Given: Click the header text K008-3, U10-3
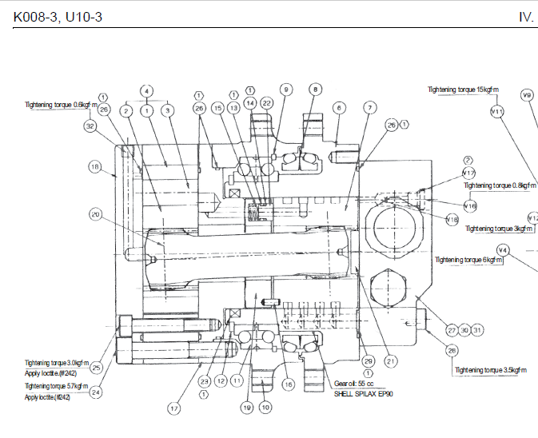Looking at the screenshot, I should coord(58,17).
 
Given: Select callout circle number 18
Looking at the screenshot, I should coord(96,167).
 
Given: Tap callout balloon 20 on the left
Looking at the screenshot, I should coord(96,214).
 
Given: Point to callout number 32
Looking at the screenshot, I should coord(90,125).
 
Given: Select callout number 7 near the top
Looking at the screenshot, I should coord(369,107).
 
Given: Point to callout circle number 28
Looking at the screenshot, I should coord(452,350).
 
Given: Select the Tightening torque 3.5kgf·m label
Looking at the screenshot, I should coord(491,370).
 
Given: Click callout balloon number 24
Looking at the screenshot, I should coord(97,392).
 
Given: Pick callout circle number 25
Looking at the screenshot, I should coord(96,368).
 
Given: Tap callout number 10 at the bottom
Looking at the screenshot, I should coord(265,407).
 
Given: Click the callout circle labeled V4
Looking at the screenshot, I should coord(502,250).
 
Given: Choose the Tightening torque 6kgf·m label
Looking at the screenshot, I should coord(464,260).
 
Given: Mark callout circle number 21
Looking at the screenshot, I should coord(392,360).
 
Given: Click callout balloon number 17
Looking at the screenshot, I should coord(173,408).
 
